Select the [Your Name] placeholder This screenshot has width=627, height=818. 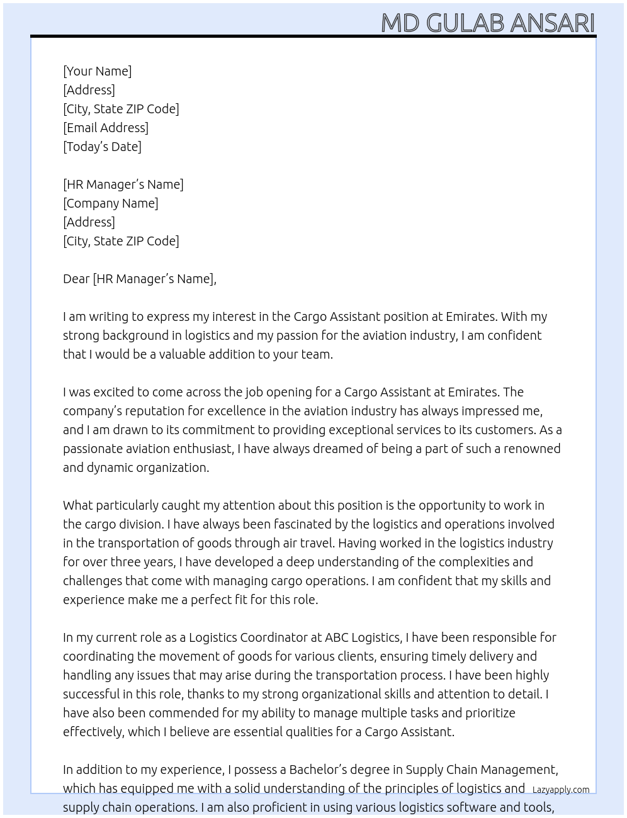[97, 71]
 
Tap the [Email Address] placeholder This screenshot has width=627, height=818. [106, 128]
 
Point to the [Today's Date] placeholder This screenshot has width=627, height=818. [102, 147]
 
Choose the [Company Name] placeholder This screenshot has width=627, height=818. [111, 203]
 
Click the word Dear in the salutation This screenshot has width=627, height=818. [76, 279]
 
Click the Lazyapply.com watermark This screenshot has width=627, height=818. [561, 790]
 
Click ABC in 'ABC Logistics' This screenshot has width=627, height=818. [336, 637]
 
